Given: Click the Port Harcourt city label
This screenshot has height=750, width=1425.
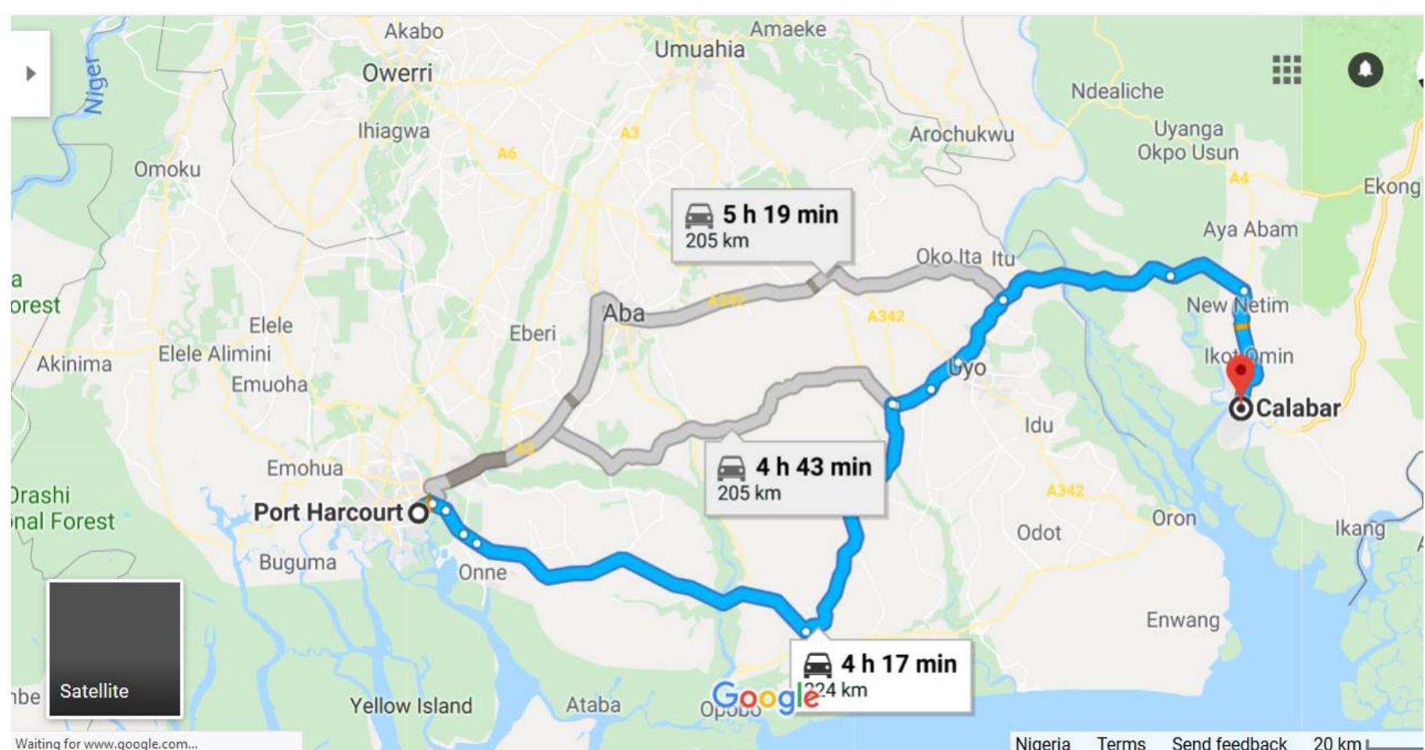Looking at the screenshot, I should point(328,513).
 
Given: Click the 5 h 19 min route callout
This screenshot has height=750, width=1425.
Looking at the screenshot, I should point(761,224).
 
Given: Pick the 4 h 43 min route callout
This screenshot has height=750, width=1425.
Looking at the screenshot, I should point(795,477).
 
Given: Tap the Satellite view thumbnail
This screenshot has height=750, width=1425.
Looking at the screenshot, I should point(114,649).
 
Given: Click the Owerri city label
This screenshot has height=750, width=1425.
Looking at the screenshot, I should point(397,74).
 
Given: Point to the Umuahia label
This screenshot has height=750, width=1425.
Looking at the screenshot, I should point(699,49).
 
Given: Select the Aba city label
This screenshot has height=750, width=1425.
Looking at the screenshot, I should point(623,313).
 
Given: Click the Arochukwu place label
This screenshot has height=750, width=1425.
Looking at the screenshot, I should point(961,135).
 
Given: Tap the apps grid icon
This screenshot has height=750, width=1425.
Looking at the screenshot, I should point(1286,70).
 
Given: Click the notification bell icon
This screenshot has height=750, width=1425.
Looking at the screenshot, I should point(1365,70).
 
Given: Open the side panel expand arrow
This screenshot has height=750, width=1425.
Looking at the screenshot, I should point(31,74).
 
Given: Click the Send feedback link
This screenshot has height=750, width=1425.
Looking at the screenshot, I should point(1228,742).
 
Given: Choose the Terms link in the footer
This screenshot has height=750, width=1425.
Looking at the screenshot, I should point(1120,742).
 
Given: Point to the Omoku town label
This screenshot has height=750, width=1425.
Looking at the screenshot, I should point(167,169).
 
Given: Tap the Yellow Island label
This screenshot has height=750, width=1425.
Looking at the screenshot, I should point(411,705).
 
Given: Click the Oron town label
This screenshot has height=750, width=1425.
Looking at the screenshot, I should point(1173,518).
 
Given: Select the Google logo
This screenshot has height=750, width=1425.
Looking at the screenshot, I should point(765,695).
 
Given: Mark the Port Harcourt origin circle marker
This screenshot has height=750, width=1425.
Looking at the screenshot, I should point(419,513).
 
